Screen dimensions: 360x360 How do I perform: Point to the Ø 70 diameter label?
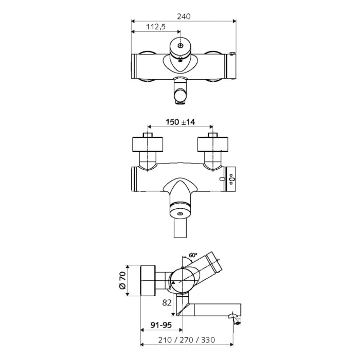coord(122,281)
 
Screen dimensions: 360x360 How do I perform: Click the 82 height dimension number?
coord(167,303)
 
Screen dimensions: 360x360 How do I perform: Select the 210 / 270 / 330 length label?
coord(188,340)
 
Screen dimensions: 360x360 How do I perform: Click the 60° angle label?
coord(193,255)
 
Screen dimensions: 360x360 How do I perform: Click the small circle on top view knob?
coord(181,46)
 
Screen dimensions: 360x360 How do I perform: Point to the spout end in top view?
coord(181,97)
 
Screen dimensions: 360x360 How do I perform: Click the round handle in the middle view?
coord(181,212)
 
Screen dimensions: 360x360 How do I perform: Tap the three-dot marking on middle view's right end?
coord(232,179)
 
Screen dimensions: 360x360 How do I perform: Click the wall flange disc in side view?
coord(149,281)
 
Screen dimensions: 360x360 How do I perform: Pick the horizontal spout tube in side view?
coord(211,310)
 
